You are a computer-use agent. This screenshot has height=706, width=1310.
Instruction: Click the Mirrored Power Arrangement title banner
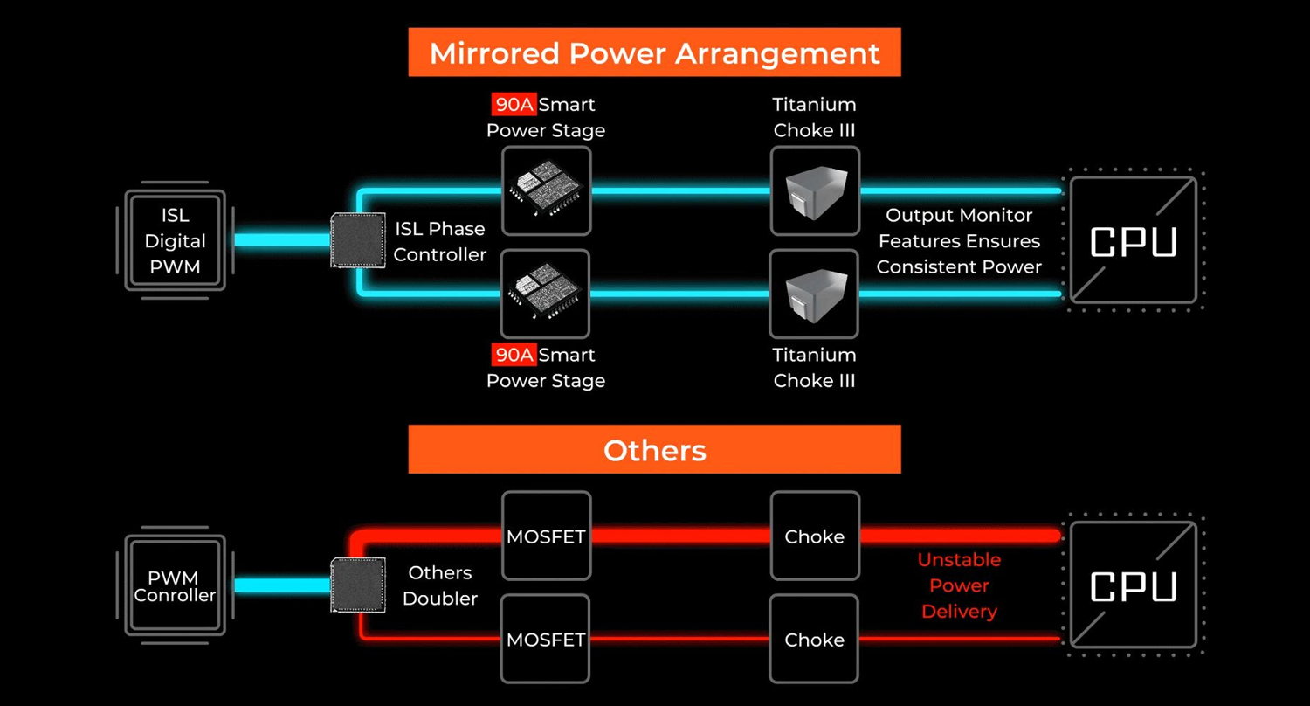[654, 52]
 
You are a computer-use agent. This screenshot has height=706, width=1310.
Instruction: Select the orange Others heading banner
[654, 450]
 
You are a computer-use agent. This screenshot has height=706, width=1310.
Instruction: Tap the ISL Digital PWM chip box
[175, 240]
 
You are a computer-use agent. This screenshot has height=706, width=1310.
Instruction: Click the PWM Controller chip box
[175, 585]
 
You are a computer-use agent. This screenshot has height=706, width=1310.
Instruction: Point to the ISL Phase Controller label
[439, 242]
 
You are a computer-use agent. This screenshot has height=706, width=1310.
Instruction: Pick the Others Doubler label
[439, 585]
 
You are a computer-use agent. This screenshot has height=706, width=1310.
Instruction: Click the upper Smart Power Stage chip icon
[546, 190]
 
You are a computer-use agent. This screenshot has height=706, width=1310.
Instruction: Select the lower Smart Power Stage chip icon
[546, 294]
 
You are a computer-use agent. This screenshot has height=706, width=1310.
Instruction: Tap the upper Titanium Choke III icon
[815, 190]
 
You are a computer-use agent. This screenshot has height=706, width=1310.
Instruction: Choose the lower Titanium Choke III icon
[815, 294]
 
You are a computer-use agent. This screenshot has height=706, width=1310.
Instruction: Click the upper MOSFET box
[546, 536]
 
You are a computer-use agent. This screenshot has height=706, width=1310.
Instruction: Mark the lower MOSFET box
[546, 639]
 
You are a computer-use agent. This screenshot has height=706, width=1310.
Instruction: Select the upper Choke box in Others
[815, 536]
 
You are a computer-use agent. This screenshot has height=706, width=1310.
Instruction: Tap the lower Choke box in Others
[815, 639]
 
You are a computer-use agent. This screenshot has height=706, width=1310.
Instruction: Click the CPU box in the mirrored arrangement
[1133, 240]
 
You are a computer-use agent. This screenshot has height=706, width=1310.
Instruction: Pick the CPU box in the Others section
[1133, 585]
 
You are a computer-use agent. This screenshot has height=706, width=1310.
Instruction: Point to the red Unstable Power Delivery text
[959, 585]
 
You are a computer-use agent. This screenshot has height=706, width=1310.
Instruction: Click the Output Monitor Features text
[959, 241]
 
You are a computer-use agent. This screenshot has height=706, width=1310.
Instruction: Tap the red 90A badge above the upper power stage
[514, 105]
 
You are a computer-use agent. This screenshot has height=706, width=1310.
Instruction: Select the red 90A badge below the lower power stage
[514, 355]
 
